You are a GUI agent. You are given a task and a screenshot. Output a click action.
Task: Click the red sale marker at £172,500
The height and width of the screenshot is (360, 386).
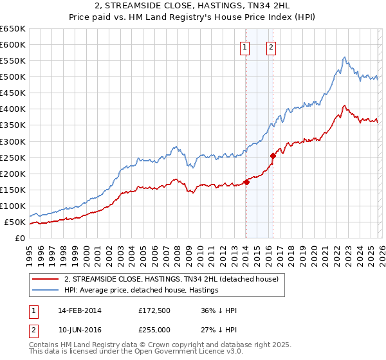[x=246, y=182]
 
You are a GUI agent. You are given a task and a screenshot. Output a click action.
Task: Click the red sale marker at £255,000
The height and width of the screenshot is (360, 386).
[x=273, y=155]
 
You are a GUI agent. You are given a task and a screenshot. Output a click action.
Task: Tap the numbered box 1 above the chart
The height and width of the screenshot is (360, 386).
[x=245, y=46]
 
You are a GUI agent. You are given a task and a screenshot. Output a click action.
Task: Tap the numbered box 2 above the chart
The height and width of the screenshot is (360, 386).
[x=271, y=46]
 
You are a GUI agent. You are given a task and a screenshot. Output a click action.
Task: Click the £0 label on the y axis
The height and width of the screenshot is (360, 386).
[x=20, y=238]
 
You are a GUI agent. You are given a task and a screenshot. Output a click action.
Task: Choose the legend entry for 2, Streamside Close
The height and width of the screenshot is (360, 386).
[x=170, y=279]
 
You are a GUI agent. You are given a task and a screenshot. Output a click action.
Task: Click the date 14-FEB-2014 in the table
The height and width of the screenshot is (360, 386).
[x=79, y=310]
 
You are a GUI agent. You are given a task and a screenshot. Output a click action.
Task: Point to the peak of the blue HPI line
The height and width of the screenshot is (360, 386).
[x=345, y=57]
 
